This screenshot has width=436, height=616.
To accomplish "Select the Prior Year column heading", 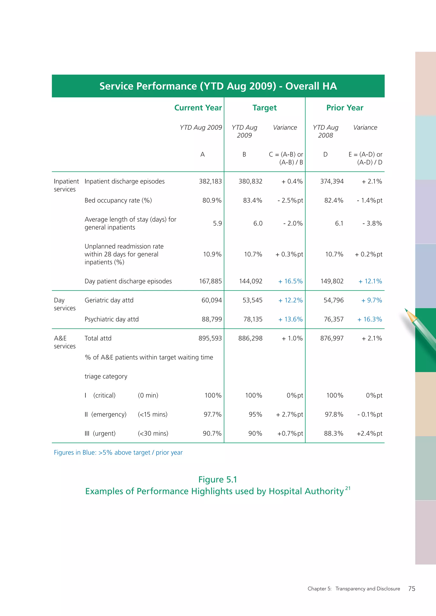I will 344,108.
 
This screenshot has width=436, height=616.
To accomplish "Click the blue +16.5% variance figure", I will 290,281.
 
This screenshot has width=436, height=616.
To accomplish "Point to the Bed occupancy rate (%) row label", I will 118,200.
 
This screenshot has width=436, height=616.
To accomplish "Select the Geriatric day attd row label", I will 109,300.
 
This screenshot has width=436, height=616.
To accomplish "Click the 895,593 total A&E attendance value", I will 210,338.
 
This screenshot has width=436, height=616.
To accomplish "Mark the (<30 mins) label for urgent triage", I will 153,433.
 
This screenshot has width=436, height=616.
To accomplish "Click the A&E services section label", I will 65,342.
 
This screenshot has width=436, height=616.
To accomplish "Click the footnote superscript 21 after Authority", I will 348,488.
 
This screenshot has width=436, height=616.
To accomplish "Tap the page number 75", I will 411,589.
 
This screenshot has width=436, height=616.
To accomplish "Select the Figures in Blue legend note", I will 118,453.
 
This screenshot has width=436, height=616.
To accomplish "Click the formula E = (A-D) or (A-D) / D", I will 365,158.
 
